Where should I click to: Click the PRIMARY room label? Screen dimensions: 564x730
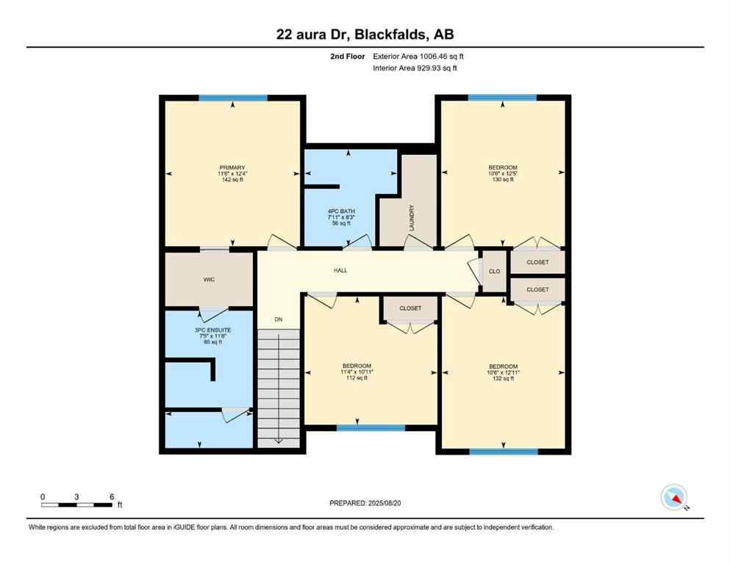pyautogui.click(x=232, y=167)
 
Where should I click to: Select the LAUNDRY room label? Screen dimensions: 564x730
pyautogui.click(x=412, y=217)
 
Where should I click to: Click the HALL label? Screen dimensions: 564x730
pyautogui.click(x=340, y=270)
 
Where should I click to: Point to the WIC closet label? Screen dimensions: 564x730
pyautogui.click(x=209, y=279)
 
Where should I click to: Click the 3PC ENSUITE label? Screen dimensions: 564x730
pyautogui.click(x=212, y=330)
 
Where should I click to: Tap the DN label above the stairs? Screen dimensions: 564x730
pyautogui.click(x=279, y=319)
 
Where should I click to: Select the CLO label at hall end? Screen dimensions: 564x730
pyautogui.click(x=494, y=271)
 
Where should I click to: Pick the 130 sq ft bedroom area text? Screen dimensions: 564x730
pyautogui.click(x=504, y=181)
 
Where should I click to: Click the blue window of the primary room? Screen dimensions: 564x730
pyautogui.click(x=232, y=98)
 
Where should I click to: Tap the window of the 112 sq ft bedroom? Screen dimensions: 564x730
pyautogui.click(x=371, y=427)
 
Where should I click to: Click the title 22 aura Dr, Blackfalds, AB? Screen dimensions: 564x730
pyautogui.click(x=365, y=35)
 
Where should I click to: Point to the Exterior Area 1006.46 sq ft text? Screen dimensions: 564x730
pyautogui.click(x=418, y=56)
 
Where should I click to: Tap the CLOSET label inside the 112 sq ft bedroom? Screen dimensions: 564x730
pyautogui.click(x=410, y=308)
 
